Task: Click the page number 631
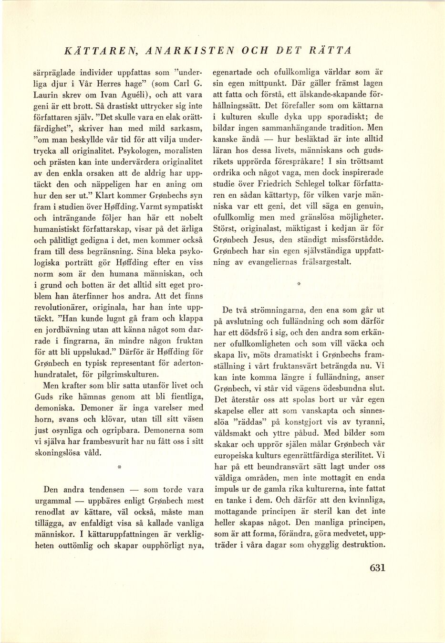pyautogui.click(x=377, y=568)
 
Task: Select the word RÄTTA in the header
pyautogui.click(x=331, y=50)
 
